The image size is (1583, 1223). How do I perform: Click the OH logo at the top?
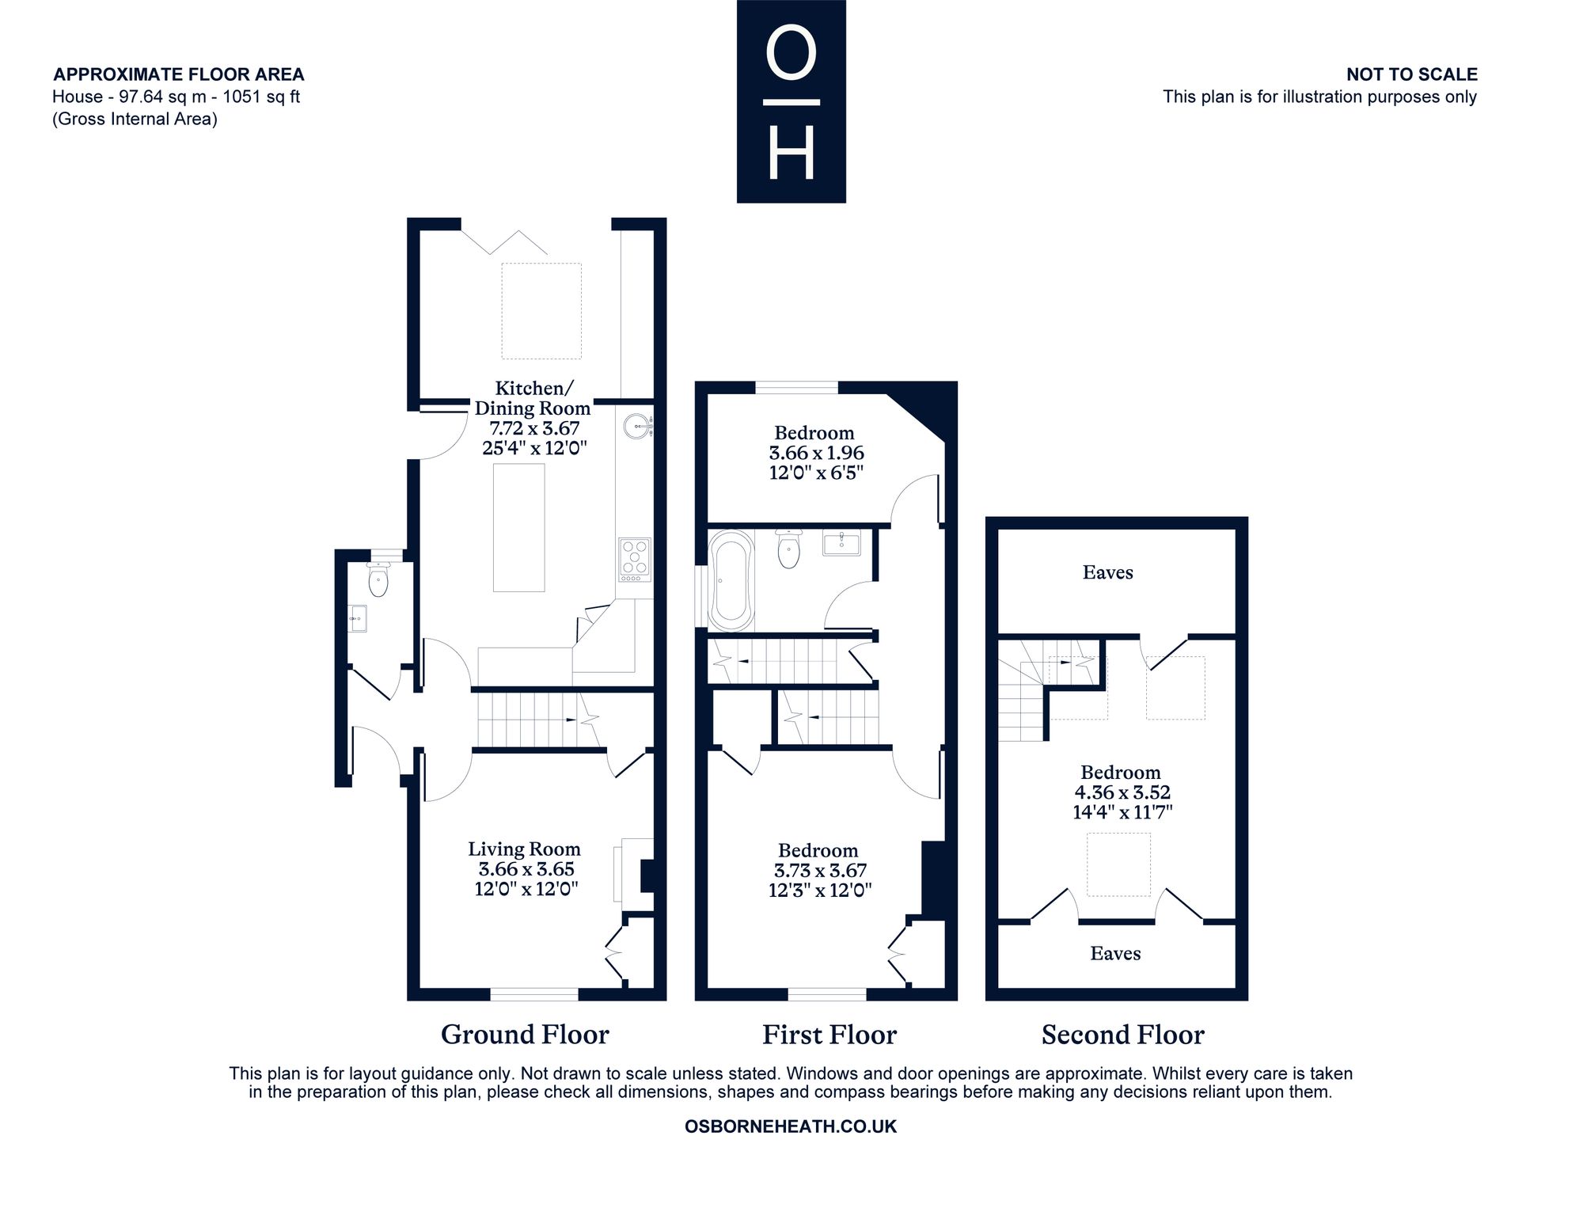791,101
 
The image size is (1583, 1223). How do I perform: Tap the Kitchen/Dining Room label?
533,398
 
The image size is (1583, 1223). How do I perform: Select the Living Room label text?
524,849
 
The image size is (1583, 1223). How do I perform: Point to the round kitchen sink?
637,427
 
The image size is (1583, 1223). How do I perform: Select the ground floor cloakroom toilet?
379,579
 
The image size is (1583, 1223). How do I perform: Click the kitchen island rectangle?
519,527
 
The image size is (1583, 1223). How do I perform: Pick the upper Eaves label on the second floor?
1107,572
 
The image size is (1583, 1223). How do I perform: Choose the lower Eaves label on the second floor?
1115,953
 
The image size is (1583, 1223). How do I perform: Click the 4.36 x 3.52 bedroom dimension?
1122,792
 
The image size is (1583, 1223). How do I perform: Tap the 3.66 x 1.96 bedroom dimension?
816,454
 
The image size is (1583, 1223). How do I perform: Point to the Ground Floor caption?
525,1035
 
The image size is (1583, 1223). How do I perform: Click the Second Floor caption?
1122,1035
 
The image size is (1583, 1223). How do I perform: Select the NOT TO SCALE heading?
1412,74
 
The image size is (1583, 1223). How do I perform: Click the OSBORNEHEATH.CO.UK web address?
791,1126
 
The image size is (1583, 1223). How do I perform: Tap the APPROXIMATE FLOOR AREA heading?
178,74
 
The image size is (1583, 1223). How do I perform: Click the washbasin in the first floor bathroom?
841,543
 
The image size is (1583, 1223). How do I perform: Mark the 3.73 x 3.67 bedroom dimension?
820,871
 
